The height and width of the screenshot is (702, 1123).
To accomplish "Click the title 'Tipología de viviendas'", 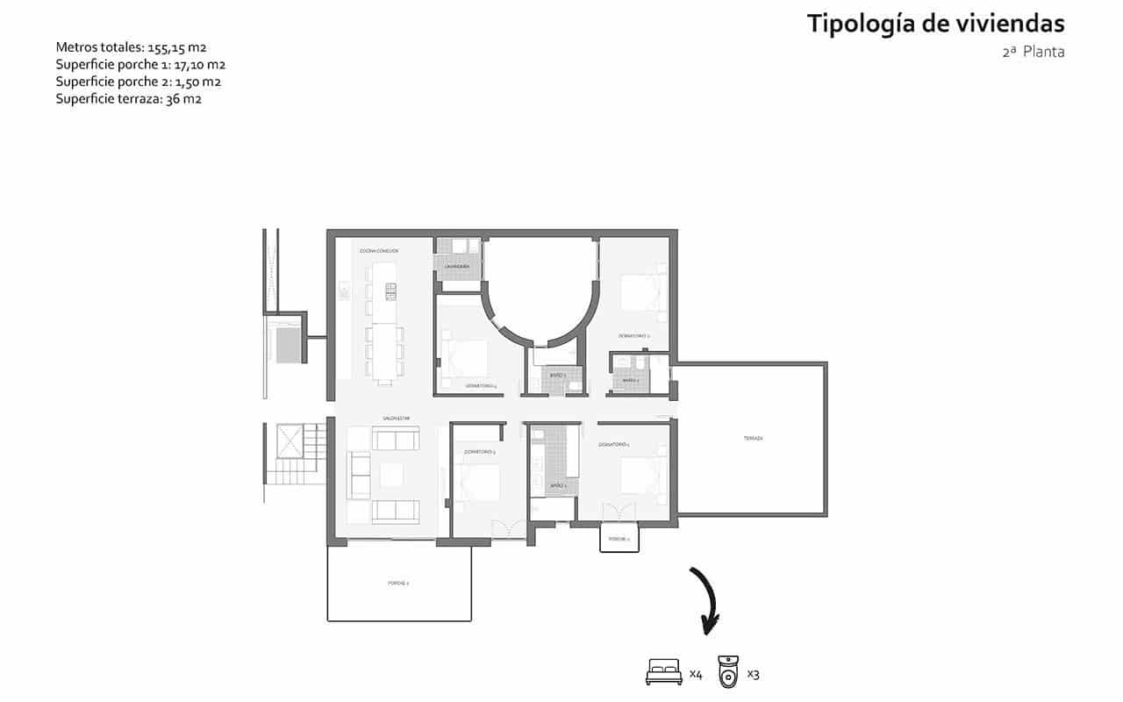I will (x=935, y=24).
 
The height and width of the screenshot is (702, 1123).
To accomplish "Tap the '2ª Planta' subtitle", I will (x=1033, y=52).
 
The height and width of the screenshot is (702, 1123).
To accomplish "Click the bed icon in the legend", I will (x=663, y=673).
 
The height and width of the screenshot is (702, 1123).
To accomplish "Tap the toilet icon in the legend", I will (x=728, y=671).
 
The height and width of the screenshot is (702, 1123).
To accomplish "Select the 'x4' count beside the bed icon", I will (x=696, y=674).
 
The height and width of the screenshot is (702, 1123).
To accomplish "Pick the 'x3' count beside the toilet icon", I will (x=753, y=674).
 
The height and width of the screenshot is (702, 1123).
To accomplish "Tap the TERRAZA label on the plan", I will (x=753, y=438).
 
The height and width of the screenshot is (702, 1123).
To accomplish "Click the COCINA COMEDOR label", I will (x=379, y=251).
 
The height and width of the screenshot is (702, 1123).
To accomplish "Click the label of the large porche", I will (x=398, y=583).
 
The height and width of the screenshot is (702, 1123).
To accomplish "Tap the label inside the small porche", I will (x=619, y=539).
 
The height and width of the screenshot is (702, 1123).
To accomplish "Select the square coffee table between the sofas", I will (x=390, y=474).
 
